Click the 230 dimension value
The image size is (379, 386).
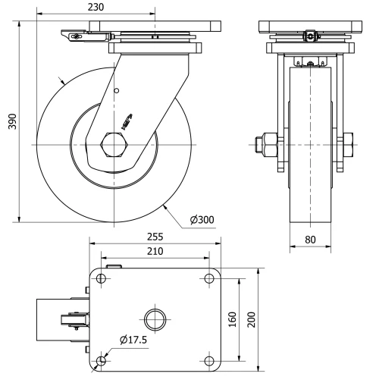click(x=96, y=7)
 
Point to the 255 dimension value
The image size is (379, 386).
click(x=155, y=236)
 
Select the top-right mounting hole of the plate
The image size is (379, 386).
click(x=209, y=279)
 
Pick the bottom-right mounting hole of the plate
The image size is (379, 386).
click(x=209, y=359)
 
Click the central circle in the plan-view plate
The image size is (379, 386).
click(x=155, y=319)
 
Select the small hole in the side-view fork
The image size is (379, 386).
click(x=116, y=92)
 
